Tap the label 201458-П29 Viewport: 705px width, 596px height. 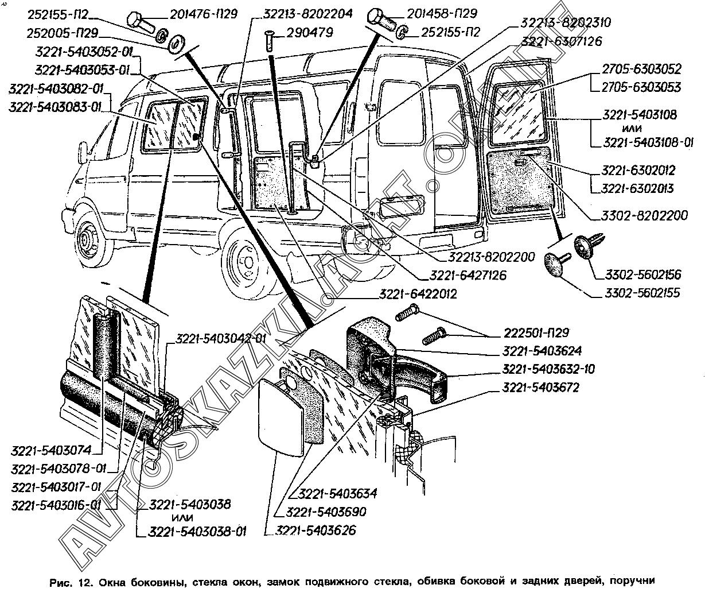tap(441, 13)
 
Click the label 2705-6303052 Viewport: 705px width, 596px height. tap(641, 69)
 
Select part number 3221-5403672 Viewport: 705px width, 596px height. tap(540, 388)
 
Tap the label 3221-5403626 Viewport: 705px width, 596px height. tap(316, 530)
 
